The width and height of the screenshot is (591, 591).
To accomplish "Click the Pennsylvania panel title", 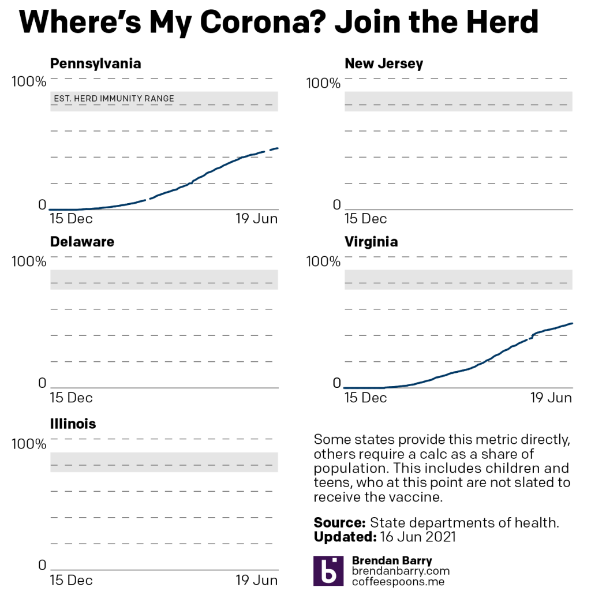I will pyautogui.click(x=95, y=63).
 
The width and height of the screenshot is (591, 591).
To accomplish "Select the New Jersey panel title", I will pyautogui.click(x=384, y=63).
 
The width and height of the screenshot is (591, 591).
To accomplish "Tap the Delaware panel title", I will pyautogui.click(x=82, y=242).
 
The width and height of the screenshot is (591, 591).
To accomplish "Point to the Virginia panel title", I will pyautogui.click(x=371, y=242).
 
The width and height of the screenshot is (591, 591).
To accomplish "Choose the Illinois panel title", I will pyautogui.click(x=73, y=424).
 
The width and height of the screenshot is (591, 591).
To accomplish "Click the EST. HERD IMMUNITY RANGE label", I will pyautogui.click(x=114, y=99).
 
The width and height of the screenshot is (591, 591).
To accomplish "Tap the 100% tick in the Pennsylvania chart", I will pyautogui.click(x=29, y=82).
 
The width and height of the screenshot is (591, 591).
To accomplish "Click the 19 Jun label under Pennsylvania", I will pyautogui.click(x=257, y=219).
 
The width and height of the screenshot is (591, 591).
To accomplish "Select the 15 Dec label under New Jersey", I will pyautogui.click(x=366, y=219).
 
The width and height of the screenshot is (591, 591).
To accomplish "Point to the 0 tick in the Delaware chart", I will pyautogui.click(x=42, y=383).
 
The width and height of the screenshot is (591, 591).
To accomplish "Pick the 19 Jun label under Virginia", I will pyautogui.click(x=551, y=398).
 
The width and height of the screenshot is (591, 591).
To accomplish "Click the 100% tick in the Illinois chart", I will pyautogui.click(x=29, y=444).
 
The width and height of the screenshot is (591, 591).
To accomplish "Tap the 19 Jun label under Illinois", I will pyautogui.click(x=257, y=579).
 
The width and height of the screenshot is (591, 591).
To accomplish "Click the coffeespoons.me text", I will pyautogui.click(x=397, y=581).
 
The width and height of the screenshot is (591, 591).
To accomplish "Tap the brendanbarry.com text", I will pyautogui.click(x=401, y=571).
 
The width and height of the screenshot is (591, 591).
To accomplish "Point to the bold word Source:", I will pyautogui.click(x=339, y=523).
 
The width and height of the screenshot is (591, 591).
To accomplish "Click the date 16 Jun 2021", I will pyautogui.click(x=418, y=537).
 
